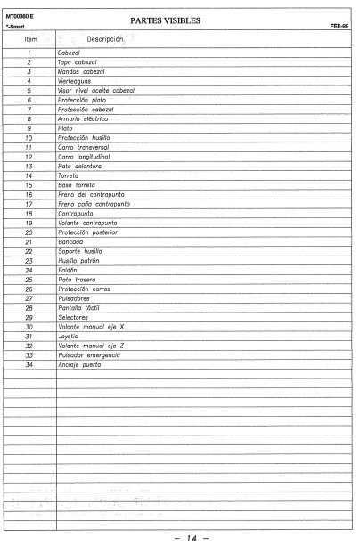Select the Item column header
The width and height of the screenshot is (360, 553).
coord(30,41)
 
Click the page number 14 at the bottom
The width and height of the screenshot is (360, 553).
coord(184,540)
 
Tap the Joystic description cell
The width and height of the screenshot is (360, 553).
coord(70,336)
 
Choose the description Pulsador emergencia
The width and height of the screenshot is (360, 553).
coord(88,354)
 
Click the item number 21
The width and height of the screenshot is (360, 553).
coord(29,242)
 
